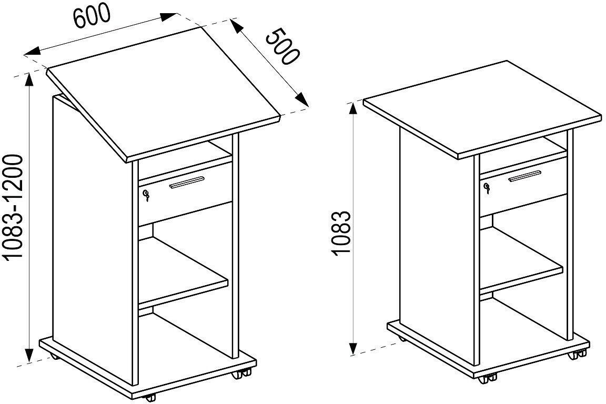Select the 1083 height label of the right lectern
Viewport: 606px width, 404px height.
point(341,233)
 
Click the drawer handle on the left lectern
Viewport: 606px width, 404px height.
point(187,182)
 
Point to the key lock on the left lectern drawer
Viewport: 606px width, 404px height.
point(146,196)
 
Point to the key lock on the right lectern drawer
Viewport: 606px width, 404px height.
point(487,188)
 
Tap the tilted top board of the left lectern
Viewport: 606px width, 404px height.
point(163,94)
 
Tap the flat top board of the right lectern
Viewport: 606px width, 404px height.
point(483,109)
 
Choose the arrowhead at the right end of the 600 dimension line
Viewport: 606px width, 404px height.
point(169,17)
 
